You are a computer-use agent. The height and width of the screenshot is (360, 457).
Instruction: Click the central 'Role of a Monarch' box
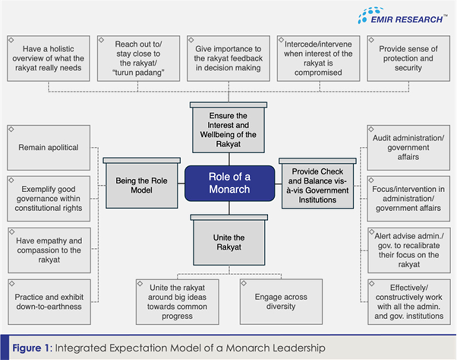pos(229,183)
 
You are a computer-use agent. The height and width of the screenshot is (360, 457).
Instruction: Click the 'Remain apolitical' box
pos(48,148)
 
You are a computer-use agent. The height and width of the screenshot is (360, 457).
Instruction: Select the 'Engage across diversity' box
pos(281,302)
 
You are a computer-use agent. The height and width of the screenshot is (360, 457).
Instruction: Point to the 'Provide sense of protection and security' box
pos(408,58)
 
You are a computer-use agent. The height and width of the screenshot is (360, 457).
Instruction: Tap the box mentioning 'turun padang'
pos(138,58)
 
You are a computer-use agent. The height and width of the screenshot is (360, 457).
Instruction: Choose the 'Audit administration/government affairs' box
pos(408,147)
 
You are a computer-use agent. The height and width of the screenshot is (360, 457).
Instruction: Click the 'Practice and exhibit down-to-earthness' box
pos(48,301)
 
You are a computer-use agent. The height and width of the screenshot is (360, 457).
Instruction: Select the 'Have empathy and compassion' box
pos(48,250)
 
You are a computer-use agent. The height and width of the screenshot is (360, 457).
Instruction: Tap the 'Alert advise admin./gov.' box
pos(408,249)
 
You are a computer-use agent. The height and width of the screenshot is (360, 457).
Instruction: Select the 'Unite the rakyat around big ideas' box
pos(177,301)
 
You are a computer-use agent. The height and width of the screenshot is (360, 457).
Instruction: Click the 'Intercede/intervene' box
pos(318,58)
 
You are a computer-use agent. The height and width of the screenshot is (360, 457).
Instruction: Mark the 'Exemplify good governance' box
pos(48,199)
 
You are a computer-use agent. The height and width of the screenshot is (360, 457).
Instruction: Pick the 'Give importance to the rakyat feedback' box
pos(228,58)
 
